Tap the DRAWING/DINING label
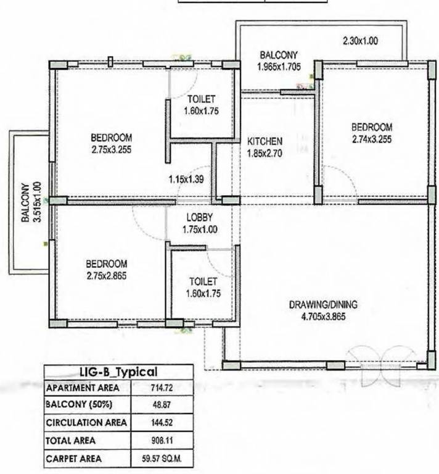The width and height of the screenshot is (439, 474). (323, 305)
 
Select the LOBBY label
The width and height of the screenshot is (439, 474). (200, 218)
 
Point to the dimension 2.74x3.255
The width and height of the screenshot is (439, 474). (372, 139)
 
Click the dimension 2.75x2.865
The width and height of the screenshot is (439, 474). (107, 276)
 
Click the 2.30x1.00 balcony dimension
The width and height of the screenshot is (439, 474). (360, 41)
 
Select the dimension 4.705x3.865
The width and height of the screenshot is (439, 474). (323, 317)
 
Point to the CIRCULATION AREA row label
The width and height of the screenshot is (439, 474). (86, 423)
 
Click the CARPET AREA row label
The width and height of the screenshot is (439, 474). (74, 459)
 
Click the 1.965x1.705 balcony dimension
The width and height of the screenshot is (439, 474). (279, 65)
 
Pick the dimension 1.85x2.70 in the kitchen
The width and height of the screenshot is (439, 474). (265, 154)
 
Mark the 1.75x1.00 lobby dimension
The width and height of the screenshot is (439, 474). (200, 230)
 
